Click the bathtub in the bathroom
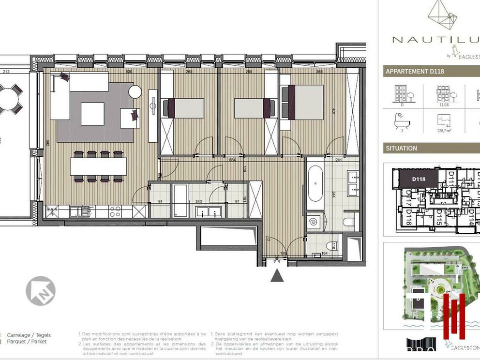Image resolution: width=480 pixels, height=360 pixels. point(315,184)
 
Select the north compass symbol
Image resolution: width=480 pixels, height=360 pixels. point(41,291)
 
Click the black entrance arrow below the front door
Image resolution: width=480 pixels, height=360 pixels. point(276,275)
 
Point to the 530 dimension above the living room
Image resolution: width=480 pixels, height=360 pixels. point(129,72)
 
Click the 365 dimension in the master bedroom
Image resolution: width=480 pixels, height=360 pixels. point(319,72)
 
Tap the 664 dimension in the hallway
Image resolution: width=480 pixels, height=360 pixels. point(232,160)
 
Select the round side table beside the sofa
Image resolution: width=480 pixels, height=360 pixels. point(135,91)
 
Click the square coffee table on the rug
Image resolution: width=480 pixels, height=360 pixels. point(92,114)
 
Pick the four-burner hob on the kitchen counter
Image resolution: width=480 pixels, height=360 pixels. point(115,211)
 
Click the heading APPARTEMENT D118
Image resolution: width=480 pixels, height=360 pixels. point(415,72)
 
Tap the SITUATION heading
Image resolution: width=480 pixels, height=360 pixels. point(401,148)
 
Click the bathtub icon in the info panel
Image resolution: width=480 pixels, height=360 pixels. point(400,118)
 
